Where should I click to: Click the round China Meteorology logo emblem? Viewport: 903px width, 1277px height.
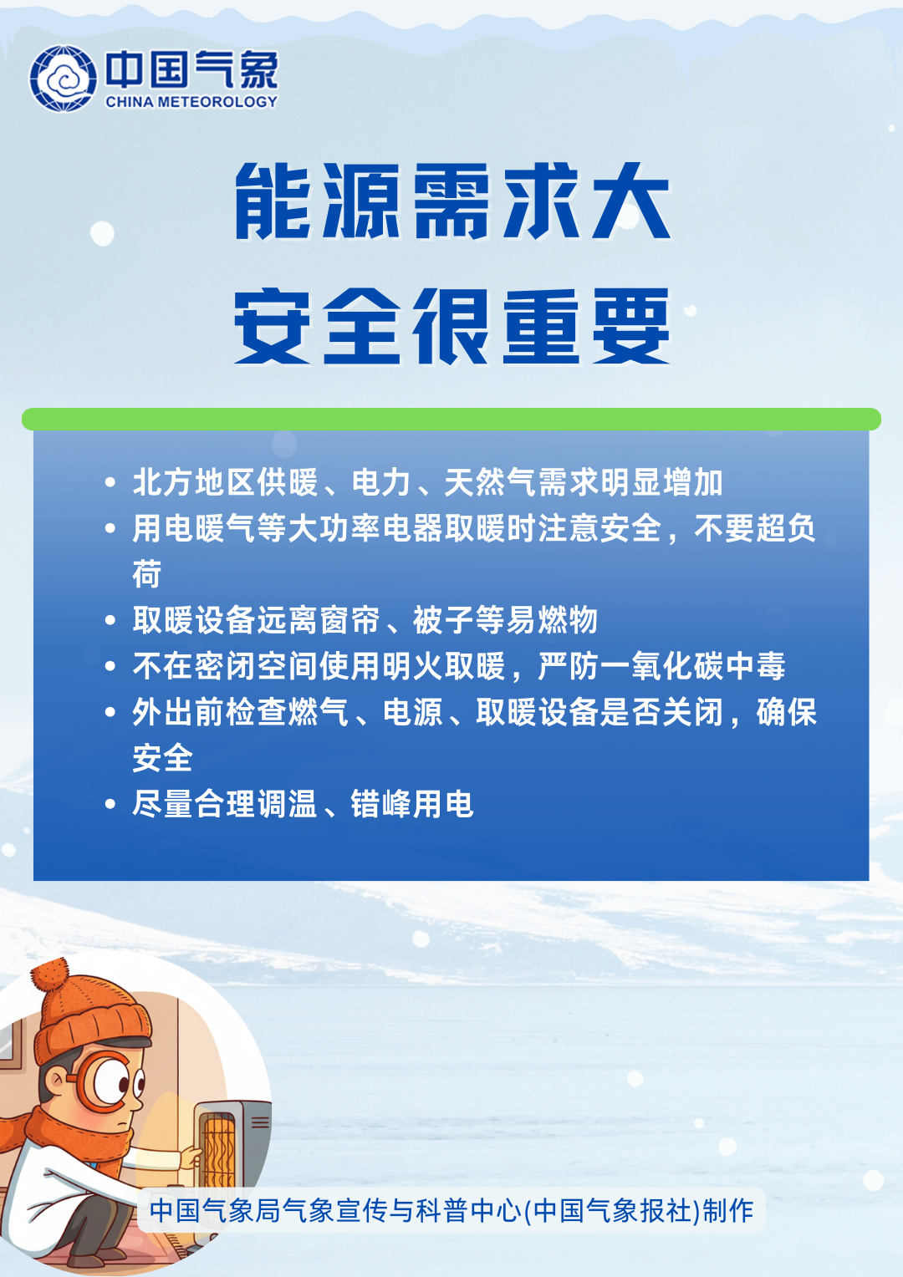63,79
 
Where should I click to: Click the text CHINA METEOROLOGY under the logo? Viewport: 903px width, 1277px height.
191,102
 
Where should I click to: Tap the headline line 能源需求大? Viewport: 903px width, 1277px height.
452,201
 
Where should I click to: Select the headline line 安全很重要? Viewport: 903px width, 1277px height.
452,326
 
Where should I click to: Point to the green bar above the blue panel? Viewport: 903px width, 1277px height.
451,419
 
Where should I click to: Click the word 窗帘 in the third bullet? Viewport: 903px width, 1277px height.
349,620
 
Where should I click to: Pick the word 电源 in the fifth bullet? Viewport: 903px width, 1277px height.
412,712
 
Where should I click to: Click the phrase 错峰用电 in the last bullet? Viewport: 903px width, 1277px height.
412,804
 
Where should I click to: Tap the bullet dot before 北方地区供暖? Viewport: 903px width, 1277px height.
110,482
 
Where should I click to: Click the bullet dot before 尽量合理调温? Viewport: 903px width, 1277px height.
110,804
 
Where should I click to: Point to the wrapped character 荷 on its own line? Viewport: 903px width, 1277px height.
147,574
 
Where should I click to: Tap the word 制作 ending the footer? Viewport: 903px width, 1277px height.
729,1210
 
